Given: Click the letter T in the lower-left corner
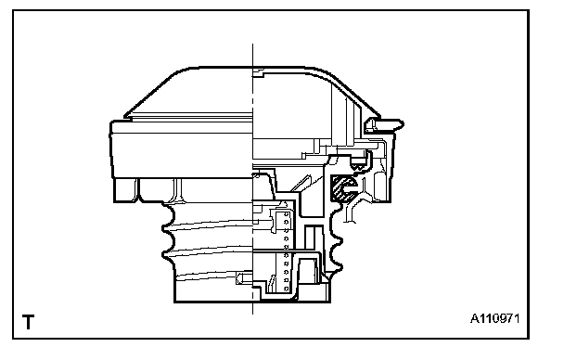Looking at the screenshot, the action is pos(28,322).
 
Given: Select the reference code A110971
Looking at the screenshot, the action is pos(495,318).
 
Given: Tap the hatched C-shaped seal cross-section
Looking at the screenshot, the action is pos(344,188).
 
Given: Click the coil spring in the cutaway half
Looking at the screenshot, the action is pos(287,251).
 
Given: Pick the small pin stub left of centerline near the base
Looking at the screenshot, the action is pos(244,278).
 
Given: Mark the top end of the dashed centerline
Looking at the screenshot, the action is pos(252,44).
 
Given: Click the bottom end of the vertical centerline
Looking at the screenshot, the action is pos(252,314).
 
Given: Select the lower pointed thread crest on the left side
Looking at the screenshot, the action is pos(163,254).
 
